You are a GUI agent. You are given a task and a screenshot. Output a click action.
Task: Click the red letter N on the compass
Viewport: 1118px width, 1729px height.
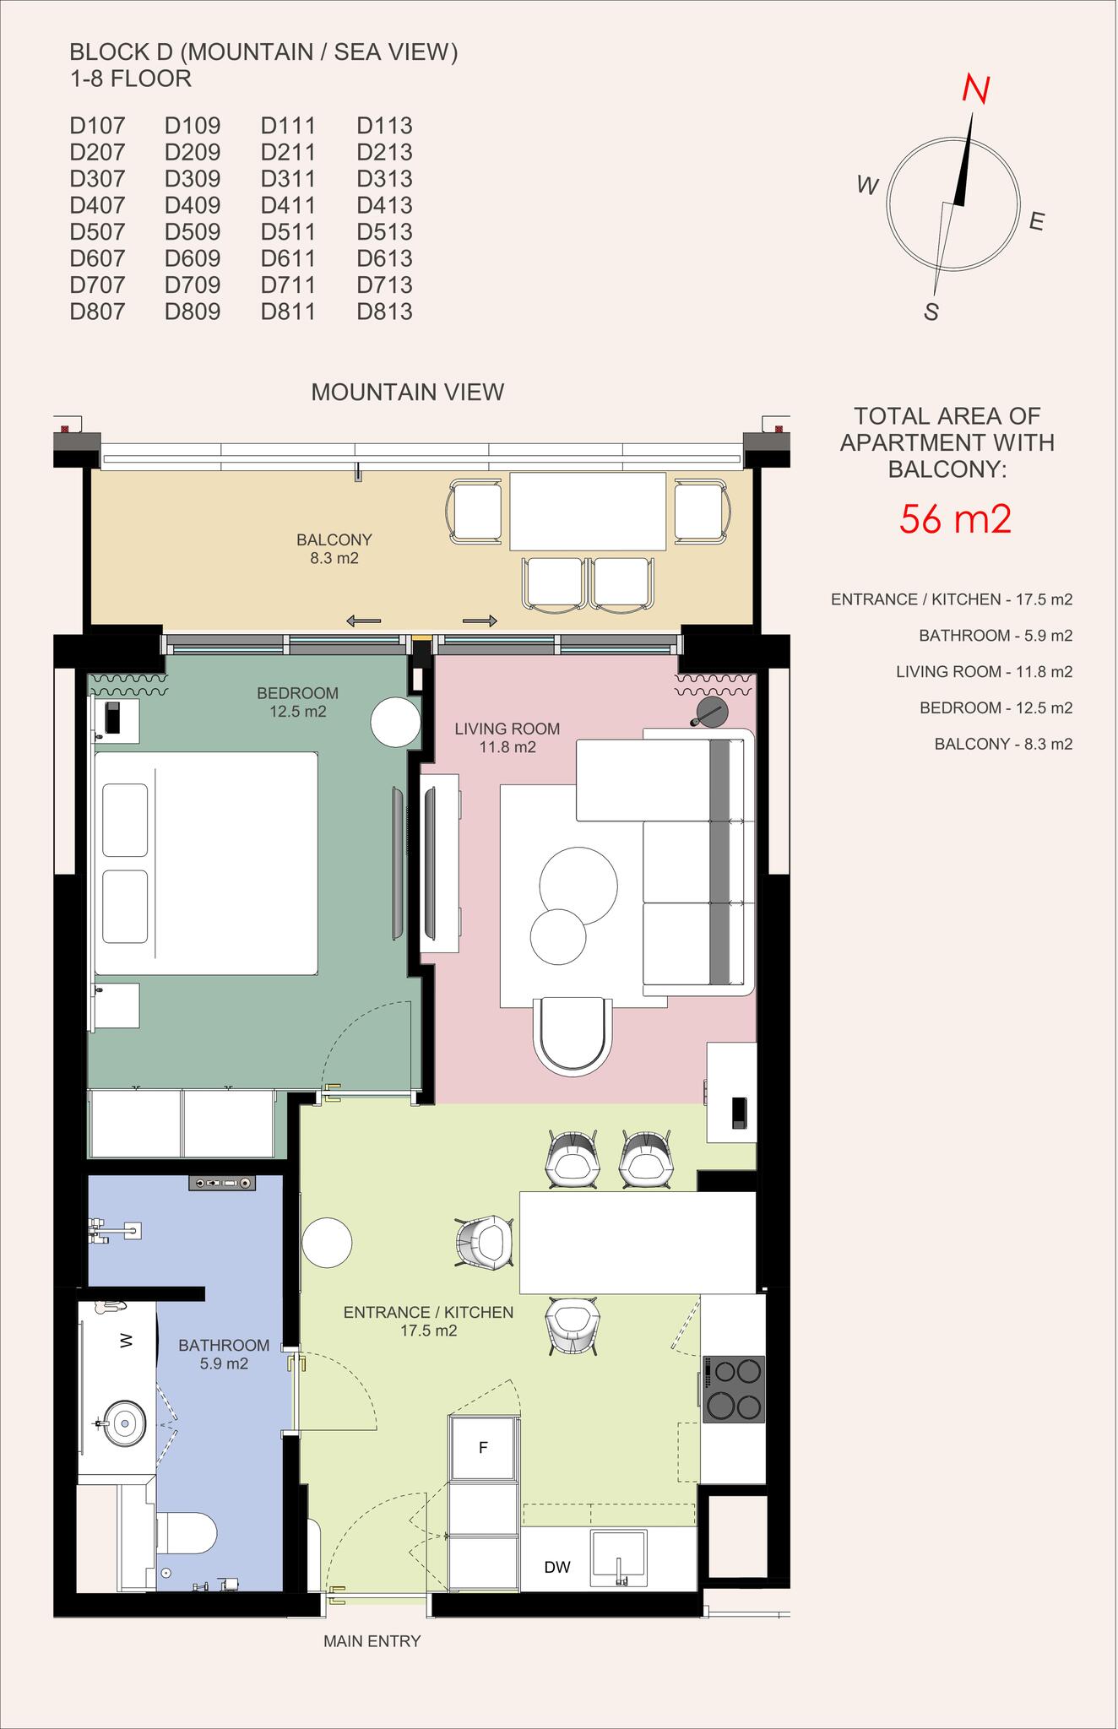point(977,89)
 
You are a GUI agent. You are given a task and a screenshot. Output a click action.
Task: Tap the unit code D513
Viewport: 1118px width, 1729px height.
point(384,231)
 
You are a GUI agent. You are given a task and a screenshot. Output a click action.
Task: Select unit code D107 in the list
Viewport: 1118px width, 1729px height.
point(97,126)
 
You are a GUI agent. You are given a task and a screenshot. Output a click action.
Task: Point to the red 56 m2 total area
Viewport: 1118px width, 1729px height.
point(955,518)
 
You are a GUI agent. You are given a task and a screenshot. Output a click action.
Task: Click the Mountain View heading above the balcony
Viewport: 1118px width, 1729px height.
point(408,392)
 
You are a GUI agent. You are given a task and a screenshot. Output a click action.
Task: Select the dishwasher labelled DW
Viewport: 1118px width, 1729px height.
point(557,1567)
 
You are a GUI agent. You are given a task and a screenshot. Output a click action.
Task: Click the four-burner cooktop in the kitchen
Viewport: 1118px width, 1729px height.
point(734,1389)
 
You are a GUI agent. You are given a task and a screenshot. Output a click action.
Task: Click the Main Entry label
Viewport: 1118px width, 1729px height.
point(372,1641)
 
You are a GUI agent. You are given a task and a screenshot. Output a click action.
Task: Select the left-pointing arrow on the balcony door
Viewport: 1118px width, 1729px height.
point(363,621)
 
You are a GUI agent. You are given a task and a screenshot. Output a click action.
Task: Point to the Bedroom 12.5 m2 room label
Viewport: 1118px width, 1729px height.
point(298,702)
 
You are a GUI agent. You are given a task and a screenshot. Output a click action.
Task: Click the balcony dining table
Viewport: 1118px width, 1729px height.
point(587,511)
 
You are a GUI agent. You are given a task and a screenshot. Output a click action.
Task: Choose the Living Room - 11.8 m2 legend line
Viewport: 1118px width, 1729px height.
point(985,672)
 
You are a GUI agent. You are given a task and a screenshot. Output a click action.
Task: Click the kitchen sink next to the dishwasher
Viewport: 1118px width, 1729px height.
point(619,1560)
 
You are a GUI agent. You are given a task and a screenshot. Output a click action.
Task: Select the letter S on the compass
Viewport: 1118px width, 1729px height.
point(931,312)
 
